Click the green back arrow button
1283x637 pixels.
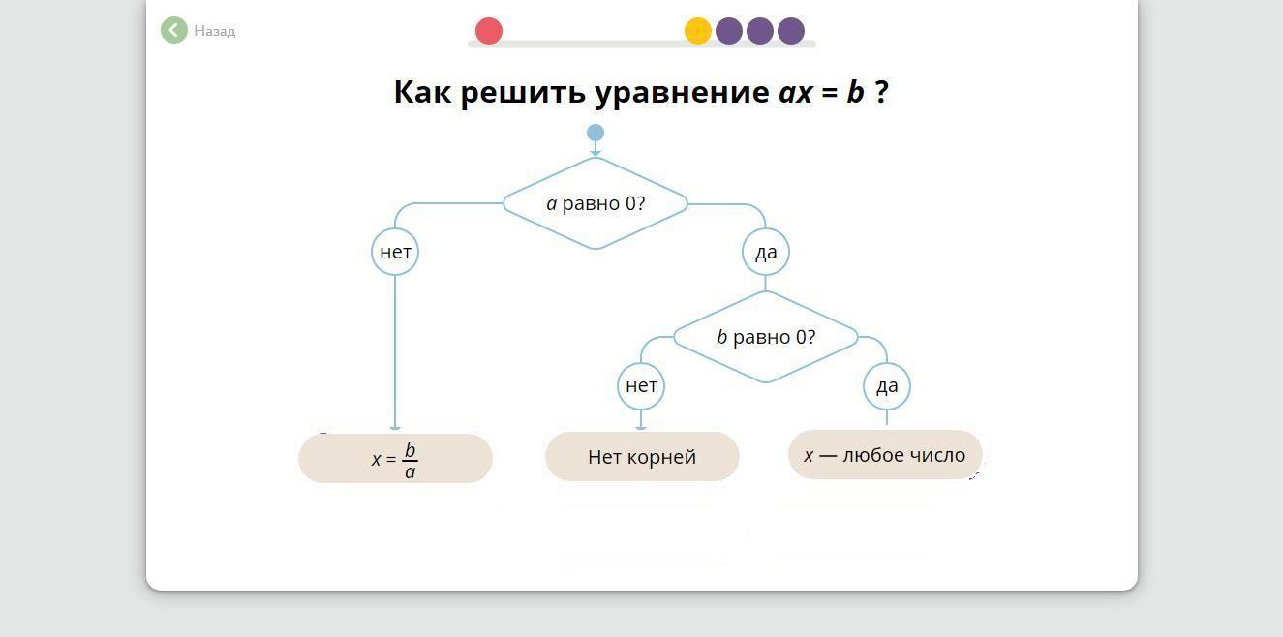tap(174, 30)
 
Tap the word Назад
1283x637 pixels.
tap(215, 31)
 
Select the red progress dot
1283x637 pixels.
tap(489, 31)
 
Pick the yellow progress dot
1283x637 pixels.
tap(698, 31)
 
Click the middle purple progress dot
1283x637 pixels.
tap(760, 31)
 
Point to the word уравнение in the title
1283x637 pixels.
tap(682, 93)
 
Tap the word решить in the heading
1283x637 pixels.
tap(523, 93)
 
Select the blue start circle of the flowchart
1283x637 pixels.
tap(596, 133)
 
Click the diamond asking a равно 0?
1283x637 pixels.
tap(596, 203)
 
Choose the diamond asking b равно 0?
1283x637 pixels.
tap(766, 337)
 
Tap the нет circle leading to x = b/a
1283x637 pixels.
tap(395, 252)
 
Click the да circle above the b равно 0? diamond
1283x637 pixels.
tap(766, 252)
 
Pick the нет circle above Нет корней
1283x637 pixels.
tap(641, 386)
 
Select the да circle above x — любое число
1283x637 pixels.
tap(887, 386)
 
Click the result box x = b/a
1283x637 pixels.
tap(395, 458)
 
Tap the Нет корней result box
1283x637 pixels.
tap(642, 457)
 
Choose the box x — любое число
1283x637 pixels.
tap(885, 455)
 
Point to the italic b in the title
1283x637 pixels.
tap(855, 92)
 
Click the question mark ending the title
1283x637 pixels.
tap(882, 92)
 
